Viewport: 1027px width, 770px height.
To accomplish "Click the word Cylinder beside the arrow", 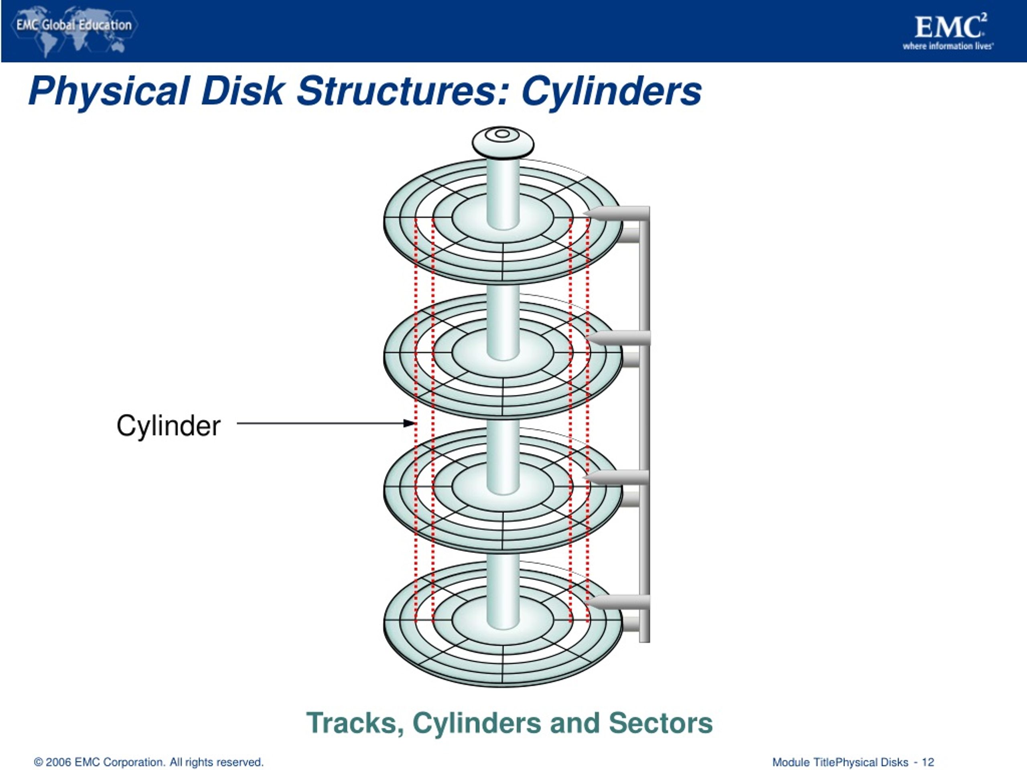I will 168,426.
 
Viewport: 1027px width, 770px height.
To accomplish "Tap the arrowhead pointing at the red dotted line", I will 409,423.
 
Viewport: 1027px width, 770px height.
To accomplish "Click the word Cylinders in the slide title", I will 611,91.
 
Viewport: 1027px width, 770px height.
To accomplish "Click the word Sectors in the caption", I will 660,723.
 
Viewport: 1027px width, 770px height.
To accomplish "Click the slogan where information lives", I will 948,46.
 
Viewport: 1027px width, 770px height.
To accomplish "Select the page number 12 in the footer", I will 928,762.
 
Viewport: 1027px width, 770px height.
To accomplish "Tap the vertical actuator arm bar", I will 644,418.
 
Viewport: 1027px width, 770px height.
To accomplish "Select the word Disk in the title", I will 242,91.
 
